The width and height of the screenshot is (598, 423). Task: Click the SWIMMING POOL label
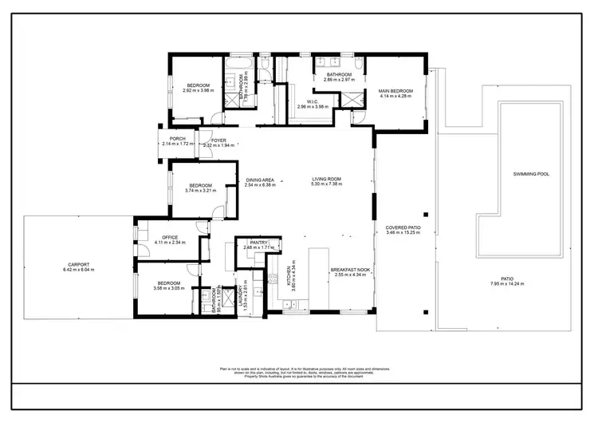click(x=531, y=173)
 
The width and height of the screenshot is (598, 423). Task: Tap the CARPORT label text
click(x=78, y=265)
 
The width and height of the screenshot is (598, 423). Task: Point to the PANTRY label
click(x=258, y=242)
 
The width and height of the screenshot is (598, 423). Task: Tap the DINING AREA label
click(x=260, y=180)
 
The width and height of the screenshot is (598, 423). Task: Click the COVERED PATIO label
click(x=403, y=227)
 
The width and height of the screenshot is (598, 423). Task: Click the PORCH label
click(x=177, y=139)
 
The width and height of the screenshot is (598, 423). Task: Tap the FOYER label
click(x=218, y=140)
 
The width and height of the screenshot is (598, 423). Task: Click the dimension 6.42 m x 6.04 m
click(x=78, y=270)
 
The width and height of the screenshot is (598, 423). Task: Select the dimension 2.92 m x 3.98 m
click(x=199, y=90)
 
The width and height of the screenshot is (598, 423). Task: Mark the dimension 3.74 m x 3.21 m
click(x=200, y=191)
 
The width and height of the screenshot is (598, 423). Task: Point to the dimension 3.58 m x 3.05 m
click(x=168, y=288)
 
